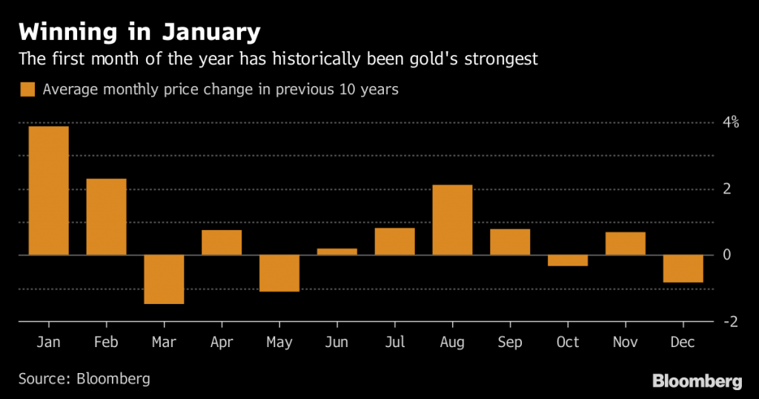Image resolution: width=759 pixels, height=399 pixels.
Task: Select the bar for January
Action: click(48, 191)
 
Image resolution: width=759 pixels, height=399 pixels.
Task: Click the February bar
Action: click(106, 217)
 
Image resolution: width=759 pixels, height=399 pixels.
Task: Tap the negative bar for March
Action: click(164, 279)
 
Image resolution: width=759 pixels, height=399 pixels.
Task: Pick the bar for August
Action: click(452, 220)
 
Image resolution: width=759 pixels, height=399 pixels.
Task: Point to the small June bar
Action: click(337, 251)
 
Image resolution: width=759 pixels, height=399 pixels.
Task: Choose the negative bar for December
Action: click(683, 268)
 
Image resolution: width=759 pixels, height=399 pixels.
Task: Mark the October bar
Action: click(568, 260)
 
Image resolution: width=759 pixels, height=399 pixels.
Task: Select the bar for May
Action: click(279, 273)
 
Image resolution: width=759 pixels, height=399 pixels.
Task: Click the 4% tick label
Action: click(731, 122)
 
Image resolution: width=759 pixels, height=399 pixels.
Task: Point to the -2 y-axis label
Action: click(730, 321)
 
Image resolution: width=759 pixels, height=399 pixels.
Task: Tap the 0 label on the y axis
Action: click(727, 255)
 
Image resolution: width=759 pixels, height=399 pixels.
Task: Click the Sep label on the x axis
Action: click(510, 342)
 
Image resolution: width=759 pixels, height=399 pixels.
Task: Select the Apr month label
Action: click(222, 342)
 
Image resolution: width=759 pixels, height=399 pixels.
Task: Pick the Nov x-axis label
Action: click(626, 342)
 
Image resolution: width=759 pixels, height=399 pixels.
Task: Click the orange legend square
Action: click(27, 90)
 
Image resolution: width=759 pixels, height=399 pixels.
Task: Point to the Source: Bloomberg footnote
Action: click(84, 378)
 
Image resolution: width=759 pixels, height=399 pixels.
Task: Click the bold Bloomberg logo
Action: click(697, 381)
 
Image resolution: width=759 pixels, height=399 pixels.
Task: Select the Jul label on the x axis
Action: click(395, 342)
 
